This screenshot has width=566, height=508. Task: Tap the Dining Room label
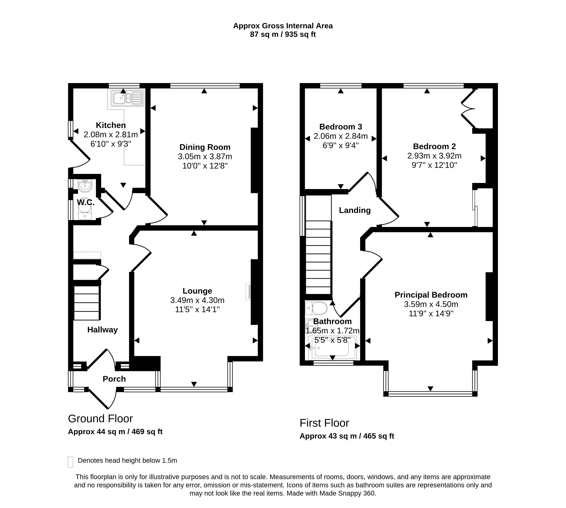[205, 147]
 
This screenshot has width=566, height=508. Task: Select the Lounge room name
[197, 291]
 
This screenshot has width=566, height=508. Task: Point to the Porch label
[114, 379]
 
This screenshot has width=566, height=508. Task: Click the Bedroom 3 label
[340, 127]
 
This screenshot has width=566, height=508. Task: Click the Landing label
[355, 210]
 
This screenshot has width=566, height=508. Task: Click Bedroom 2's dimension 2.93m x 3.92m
[434, 156]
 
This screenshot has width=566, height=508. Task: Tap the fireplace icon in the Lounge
[248, 292]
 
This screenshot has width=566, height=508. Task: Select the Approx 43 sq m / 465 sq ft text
[347, 436]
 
